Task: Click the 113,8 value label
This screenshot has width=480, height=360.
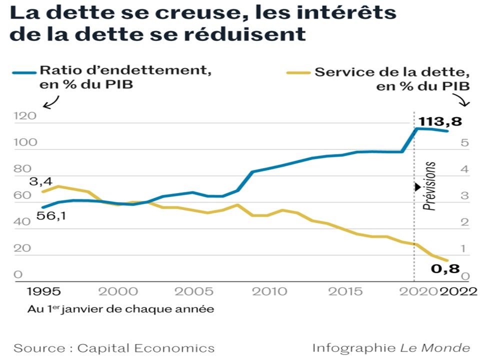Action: pyautogui.click(x=440, y=121)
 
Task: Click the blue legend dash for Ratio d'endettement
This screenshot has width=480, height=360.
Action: pyautogui.click(x=23, y=73)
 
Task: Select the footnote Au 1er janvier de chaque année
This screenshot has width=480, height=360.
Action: pyautogui.click(x=120, y=309)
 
